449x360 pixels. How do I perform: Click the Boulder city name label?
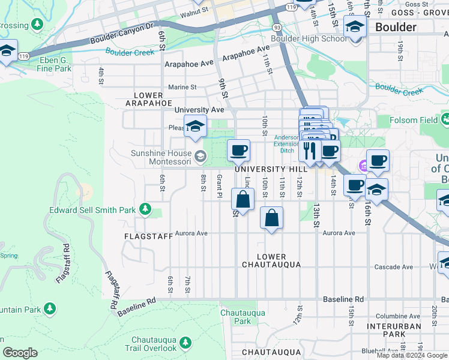(395, 27)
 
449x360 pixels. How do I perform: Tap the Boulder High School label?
(309, 39)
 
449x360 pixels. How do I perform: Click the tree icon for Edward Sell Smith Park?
(145, 209)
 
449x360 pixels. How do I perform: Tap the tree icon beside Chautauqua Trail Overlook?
(185, 343)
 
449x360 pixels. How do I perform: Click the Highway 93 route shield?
(277, 28)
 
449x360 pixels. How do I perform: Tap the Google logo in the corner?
(20, 353)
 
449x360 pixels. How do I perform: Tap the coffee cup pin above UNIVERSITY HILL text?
(238, 150)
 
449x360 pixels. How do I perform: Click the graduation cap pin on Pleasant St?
(195, 125)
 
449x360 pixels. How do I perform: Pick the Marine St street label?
(182, 87)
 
